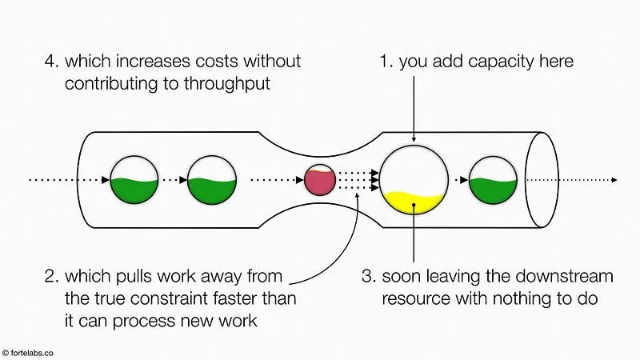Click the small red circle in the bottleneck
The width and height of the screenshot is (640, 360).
coord(319,180)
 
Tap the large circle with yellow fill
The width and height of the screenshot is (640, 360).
coord(413,181)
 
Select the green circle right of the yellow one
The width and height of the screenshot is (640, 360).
coord(492,180)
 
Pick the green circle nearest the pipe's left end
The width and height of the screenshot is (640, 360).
coord(134,180)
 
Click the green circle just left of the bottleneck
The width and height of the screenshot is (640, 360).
coord(211,180)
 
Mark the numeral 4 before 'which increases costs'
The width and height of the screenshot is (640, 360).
coord(52,62)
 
